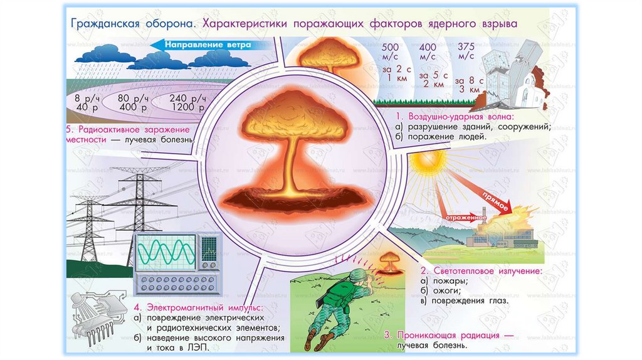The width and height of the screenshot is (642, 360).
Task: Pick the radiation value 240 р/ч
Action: pos(187,98)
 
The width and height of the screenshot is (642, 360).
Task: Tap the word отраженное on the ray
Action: pos(462,218)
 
